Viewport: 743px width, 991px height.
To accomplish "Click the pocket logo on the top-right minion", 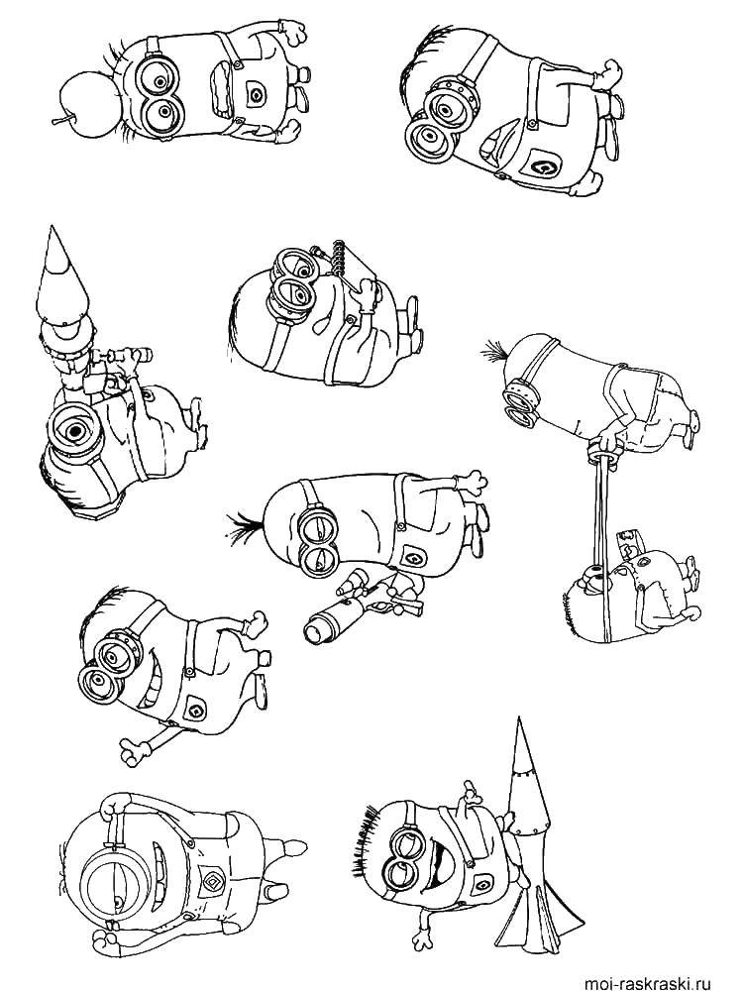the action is [543, 167].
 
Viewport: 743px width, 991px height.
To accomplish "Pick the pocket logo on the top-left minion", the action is [258, 94].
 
